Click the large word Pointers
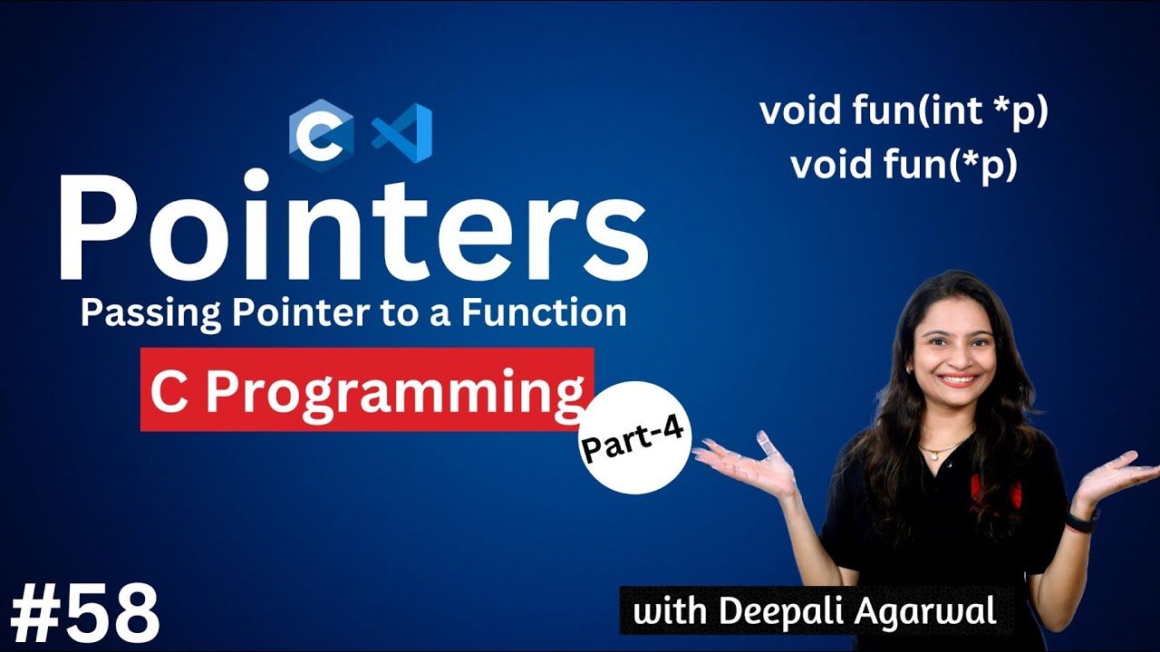click(353, 226)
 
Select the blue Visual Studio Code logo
click(401, 133)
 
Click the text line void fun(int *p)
click(904, 112)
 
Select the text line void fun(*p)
click(904, 166)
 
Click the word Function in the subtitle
click(544, 313)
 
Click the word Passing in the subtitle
click(141, 313)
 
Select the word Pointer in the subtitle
click(294, 313)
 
